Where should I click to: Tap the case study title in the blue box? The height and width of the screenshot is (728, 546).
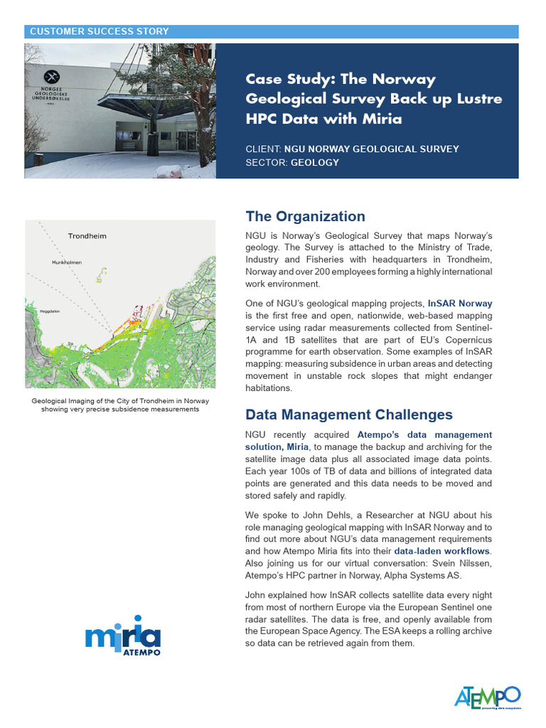[373, 99]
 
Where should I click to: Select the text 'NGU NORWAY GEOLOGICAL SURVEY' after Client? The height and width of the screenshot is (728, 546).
[371, 149]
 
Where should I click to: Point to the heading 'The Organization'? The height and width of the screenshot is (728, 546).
[305, 217]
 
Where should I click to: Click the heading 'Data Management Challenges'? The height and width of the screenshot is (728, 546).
[348, 414]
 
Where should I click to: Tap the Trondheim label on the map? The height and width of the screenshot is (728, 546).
[87, 236]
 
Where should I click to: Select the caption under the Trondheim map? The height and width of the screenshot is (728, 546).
[119, 405]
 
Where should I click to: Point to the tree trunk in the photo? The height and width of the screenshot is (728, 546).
[202, 121]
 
